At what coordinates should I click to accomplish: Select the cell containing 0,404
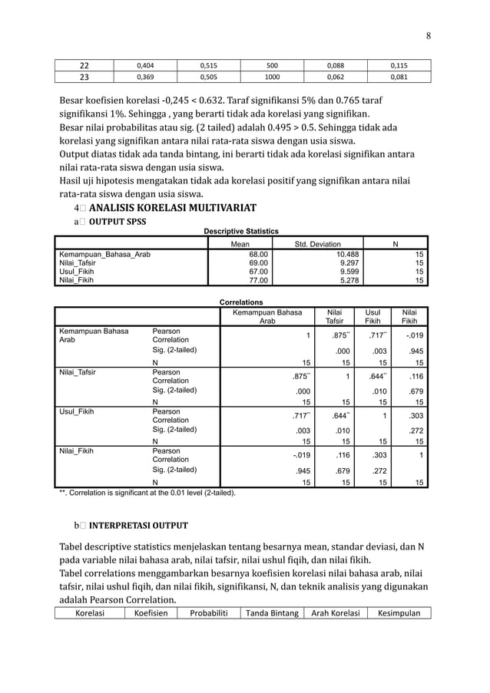(x=144, y=65)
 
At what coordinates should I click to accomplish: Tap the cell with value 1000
(x=272, y=77)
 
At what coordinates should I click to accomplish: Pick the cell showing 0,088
(x=336, y=65)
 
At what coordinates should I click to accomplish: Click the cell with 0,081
(x=399, y=77)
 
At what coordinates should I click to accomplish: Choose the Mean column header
(x=240, y=244)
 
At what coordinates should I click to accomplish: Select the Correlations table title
(x=241, y=302)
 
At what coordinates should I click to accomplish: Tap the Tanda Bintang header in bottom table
(x=271, y=613)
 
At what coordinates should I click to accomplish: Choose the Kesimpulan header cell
(x=399, y=613)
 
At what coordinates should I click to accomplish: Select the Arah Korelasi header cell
(x=335, y=613)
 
